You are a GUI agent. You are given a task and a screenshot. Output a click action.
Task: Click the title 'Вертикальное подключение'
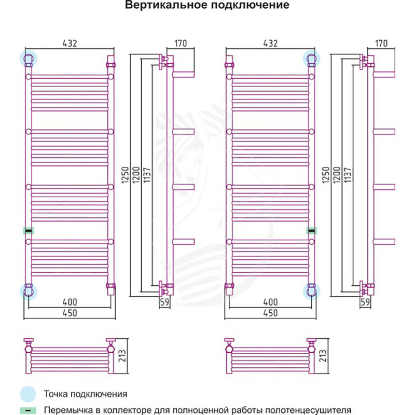(x=206, y=6)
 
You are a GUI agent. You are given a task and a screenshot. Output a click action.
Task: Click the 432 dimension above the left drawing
(x=70, y=44)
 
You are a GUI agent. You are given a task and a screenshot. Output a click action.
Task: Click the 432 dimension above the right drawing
(x=270, y=44)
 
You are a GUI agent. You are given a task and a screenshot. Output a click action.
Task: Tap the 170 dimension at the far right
(x=381, y=44)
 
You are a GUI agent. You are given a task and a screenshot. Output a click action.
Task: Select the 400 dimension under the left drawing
(x=70, y=302)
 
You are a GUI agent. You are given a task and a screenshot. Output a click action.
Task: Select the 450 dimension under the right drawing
(x=270, y=313)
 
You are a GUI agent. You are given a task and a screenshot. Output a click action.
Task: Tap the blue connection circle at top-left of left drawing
(x=28, y=58)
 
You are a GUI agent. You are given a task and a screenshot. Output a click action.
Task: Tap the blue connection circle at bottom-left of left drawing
(x=28, y=290)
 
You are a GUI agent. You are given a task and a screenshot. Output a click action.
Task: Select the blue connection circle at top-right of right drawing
(x=312, y=58)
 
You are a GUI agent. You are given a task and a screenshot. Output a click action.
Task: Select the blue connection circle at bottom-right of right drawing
(x=312, y=290)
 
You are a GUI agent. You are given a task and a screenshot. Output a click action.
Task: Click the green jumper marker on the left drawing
(x=29, y=230)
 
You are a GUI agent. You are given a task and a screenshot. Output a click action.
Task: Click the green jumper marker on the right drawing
(x=312, y=230)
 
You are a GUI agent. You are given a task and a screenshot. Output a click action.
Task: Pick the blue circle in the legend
(x=29, y=394)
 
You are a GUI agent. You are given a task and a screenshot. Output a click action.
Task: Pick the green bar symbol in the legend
(x=29, y=409)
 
